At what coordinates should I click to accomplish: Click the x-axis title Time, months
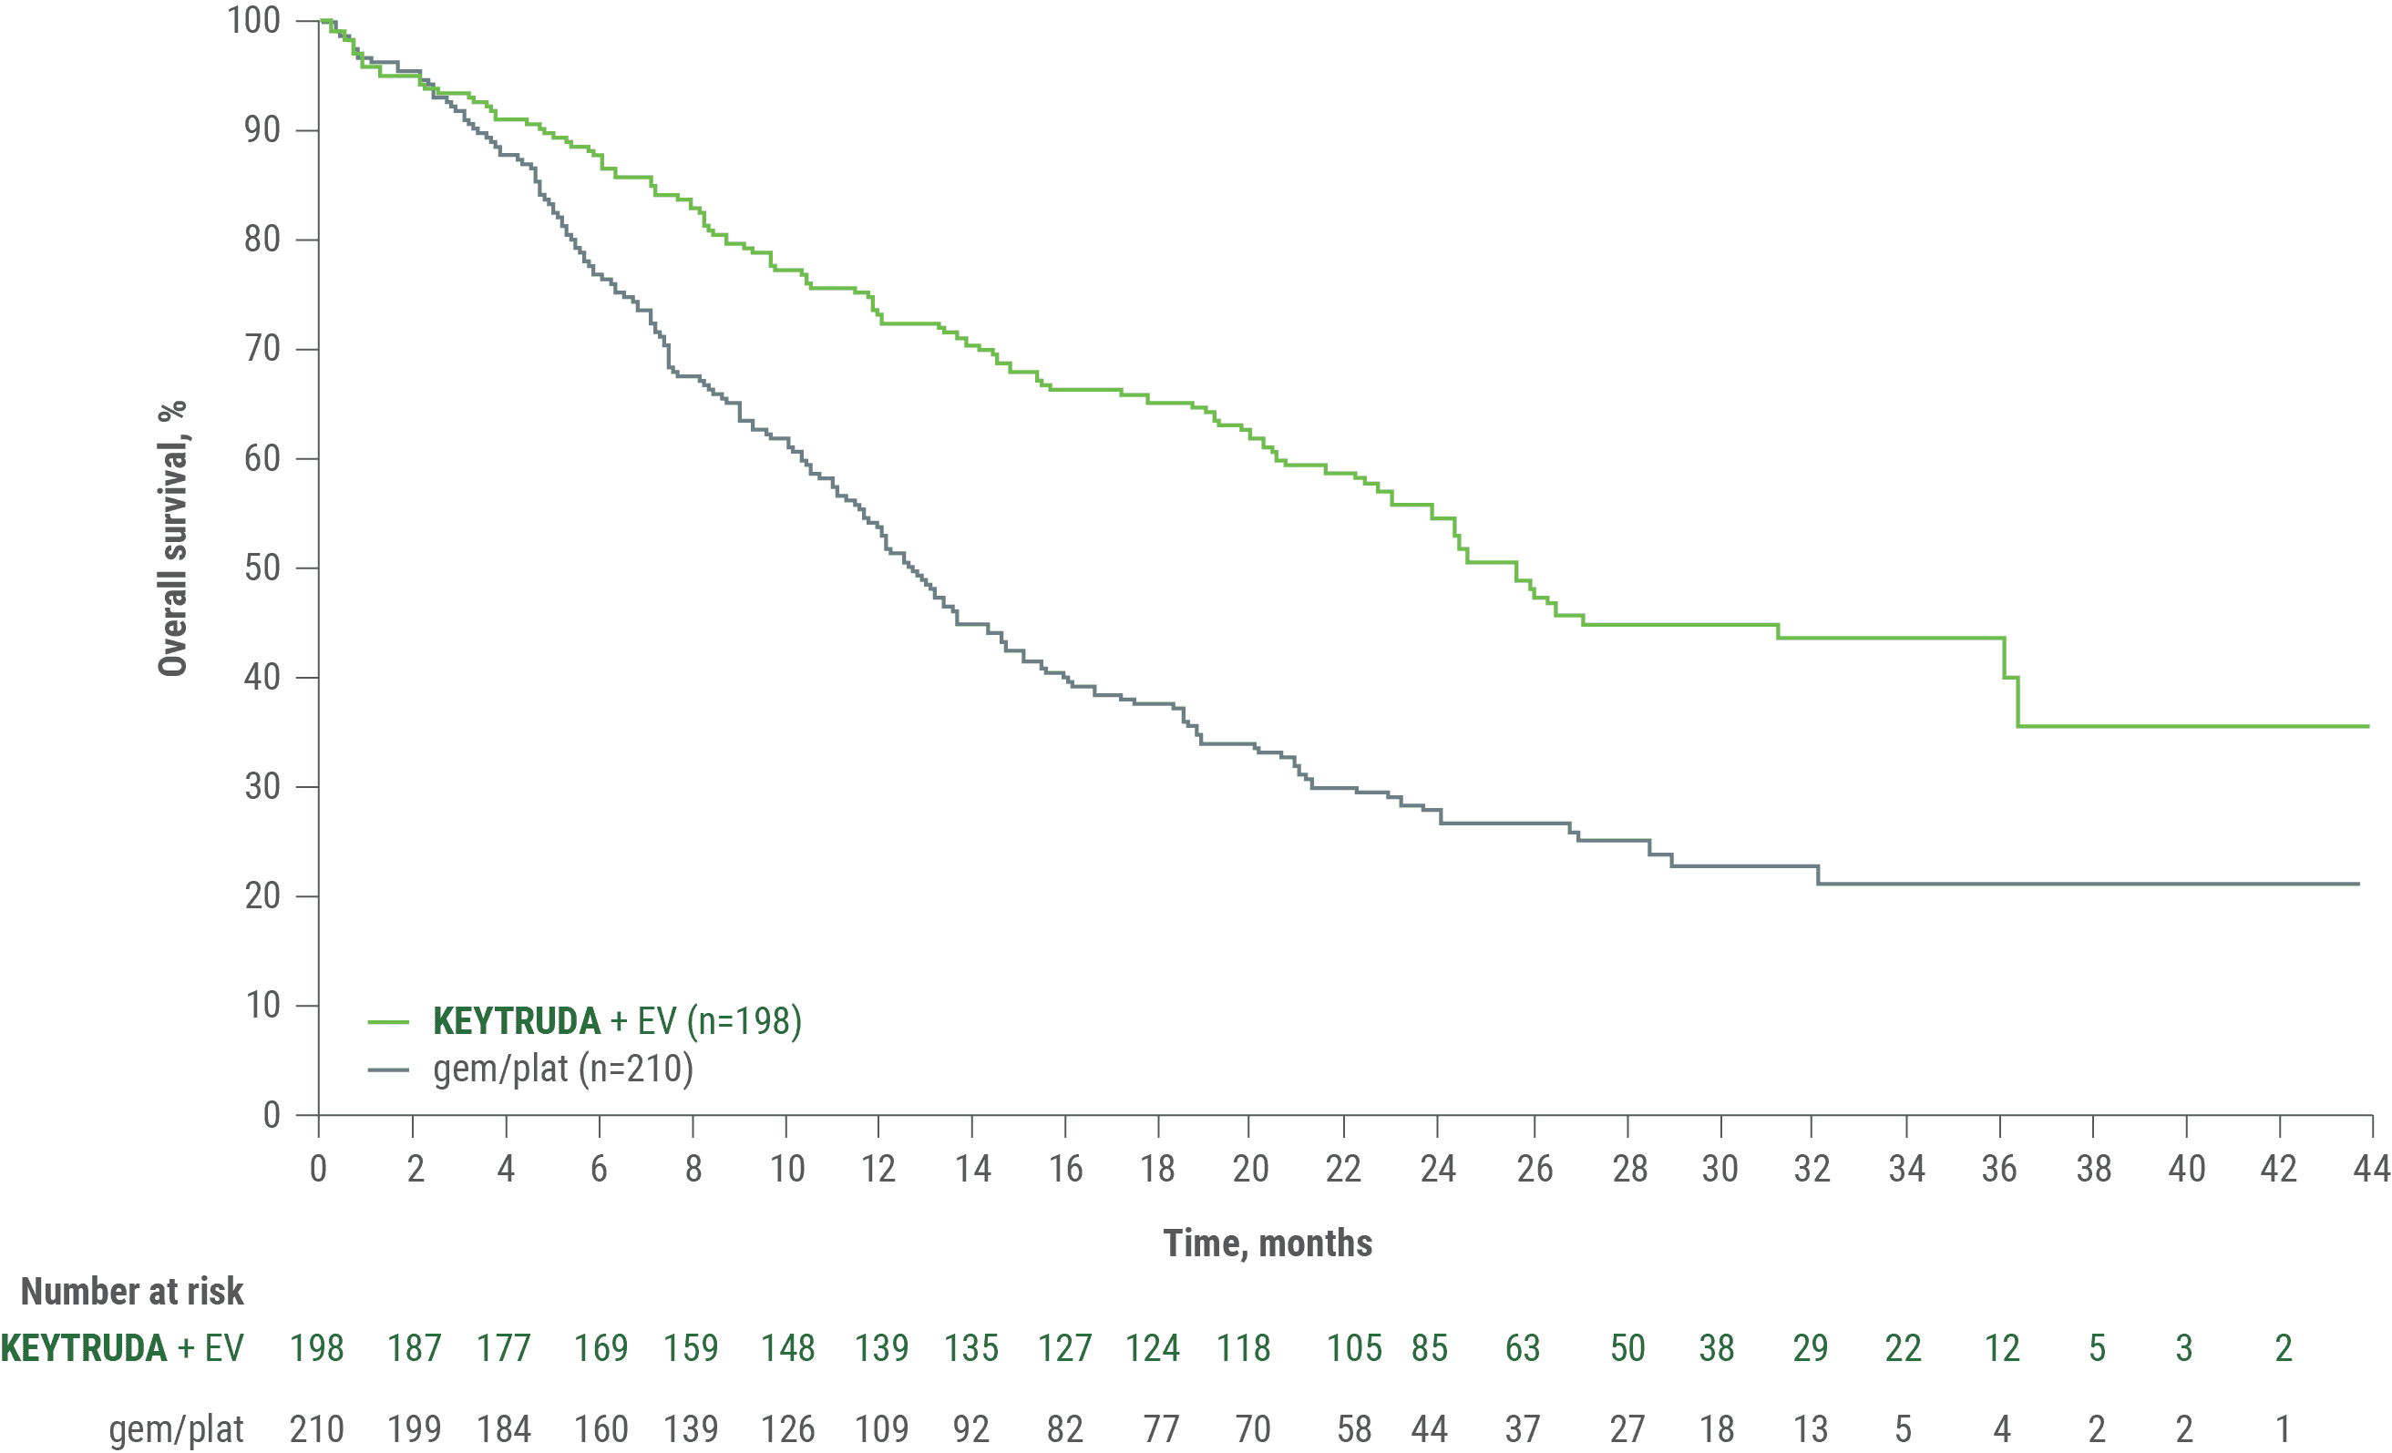tap(1268, 1243)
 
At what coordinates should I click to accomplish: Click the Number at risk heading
tap(132, 1292)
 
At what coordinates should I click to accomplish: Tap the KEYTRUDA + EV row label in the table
tap(121, 1348)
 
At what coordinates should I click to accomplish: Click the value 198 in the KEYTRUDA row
tap(317, 1348)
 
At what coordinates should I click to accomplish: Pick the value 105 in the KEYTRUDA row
tap(1353, 1348)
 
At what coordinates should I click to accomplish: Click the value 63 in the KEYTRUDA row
tap(1522, 1348)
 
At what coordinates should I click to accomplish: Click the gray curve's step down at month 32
tap(1818, 875)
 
